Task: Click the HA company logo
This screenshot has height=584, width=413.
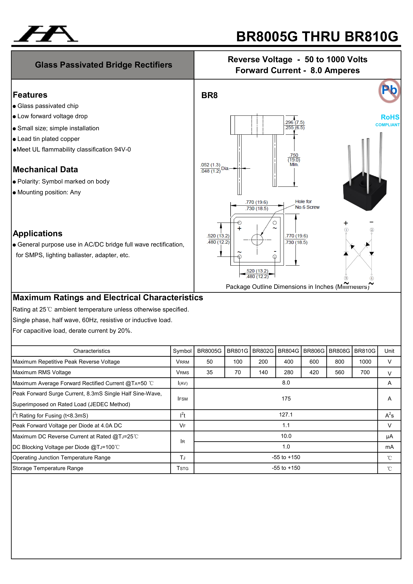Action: pyautogui.click(x=46, y=34)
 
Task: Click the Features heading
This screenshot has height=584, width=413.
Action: pyautogui.click(x=30, y=95)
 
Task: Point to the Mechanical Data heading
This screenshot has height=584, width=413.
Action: pyautogui.click(x=45, y=169)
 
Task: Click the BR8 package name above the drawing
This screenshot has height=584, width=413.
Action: pyautogui.click(x=209, y=95)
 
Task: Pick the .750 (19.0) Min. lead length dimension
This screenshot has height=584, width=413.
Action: pyautogui.click(x=294, y=160)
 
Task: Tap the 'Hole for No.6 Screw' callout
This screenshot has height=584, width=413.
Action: pyautogui.click(x=307, y=204)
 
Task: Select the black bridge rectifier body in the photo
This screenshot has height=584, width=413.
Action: pyautogui.click(x=365, y=193)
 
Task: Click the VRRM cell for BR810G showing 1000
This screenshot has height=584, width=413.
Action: pyautogui.click(x=365, y=362)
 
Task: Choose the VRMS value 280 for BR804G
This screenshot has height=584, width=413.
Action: pyautogui.click(x=288, y=372)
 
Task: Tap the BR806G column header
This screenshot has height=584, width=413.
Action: pyautogui.click(x=314, y=351)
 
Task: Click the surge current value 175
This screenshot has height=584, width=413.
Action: pyautogui.click(x=286, y=399)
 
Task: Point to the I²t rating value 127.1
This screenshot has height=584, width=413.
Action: pyautogui.click(x=286, y=415)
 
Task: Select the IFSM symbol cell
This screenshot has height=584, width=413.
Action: pyautogui.click(x=182, y=399)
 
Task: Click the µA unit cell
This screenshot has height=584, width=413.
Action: pyautogui.click(x=389, y=436)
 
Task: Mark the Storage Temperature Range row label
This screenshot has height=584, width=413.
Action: pyautogui.click(x=48, y=468)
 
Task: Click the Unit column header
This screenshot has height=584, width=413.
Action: pyautogui.click(x=389, y=351)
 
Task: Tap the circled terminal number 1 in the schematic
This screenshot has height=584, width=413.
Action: pyautogui.click(x=346, y=230)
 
